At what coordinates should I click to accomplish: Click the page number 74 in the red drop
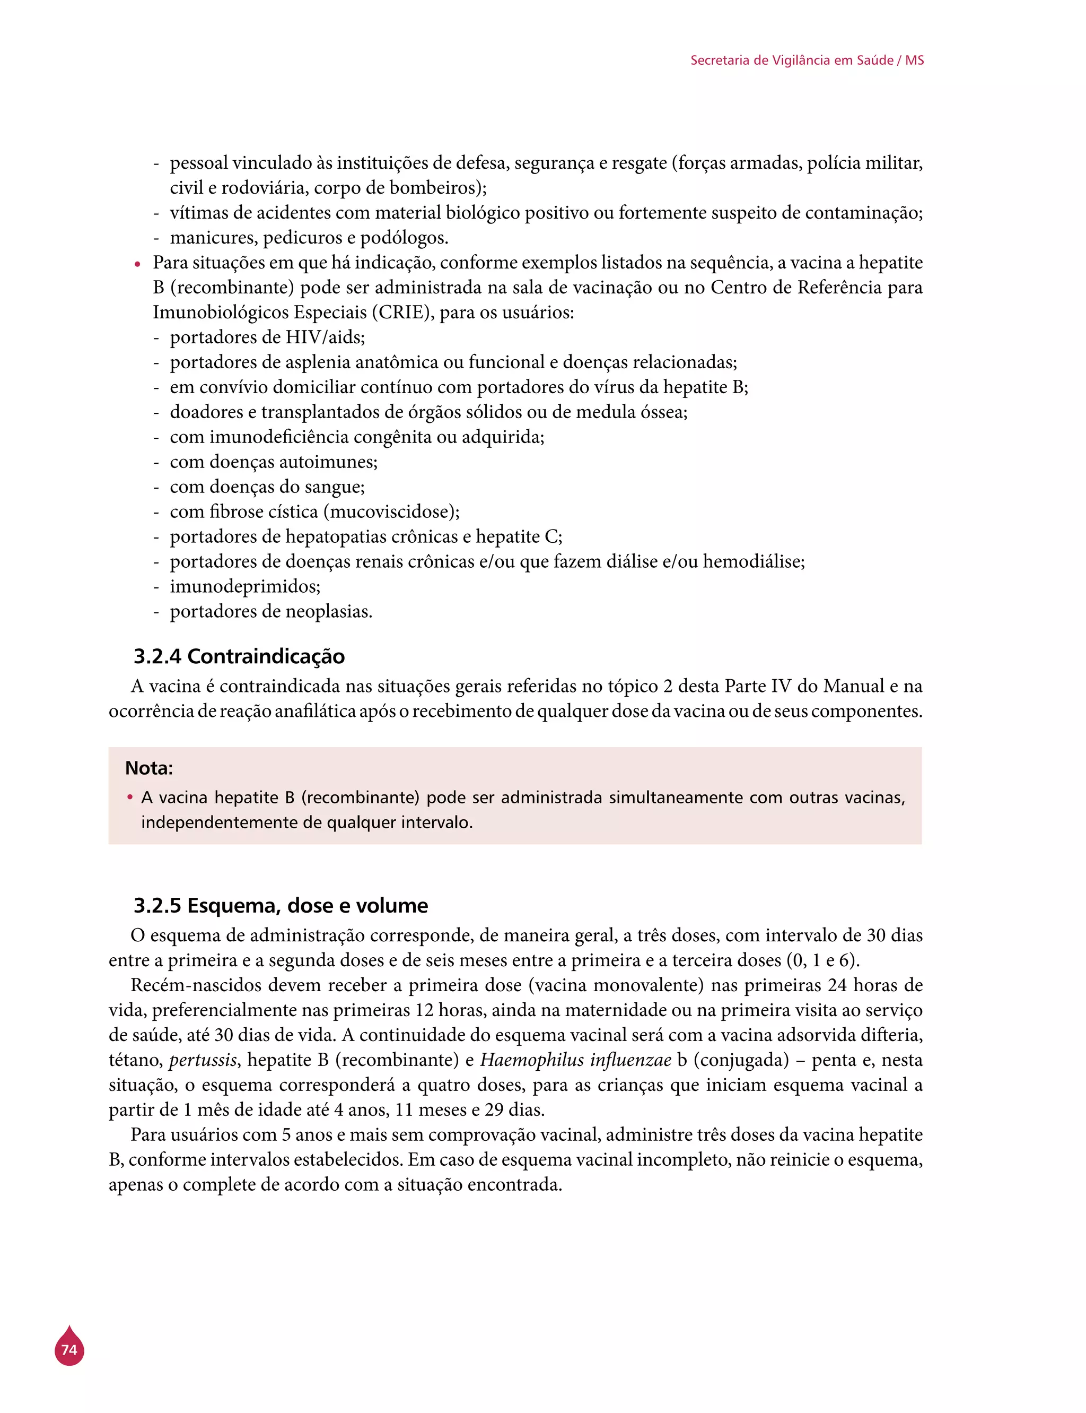[x=69, y=1350]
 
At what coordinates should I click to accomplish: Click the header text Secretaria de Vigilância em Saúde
[x=792, y=60]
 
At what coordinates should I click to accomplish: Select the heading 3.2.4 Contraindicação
[x=239, y=656]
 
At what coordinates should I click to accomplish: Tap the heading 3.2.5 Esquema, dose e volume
[x=281, y=905]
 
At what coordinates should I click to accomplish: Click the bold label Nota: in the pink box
[x=148, y=768]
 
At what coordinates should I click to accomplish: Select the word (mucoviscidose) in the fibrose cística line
[x=391, y=512]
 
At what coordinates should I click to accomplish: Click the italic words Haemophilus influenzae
[x=575, y=1060]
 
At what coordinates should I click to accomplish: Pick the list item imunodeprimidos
[x=244, y=586]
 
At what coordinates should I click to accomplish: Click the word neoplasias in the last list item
[x=328, y=611]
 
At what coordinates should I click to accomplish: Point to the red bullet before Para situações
[x=137, y=264]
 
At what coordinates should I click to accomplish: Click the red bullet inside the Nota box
[x=130, y=797]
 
